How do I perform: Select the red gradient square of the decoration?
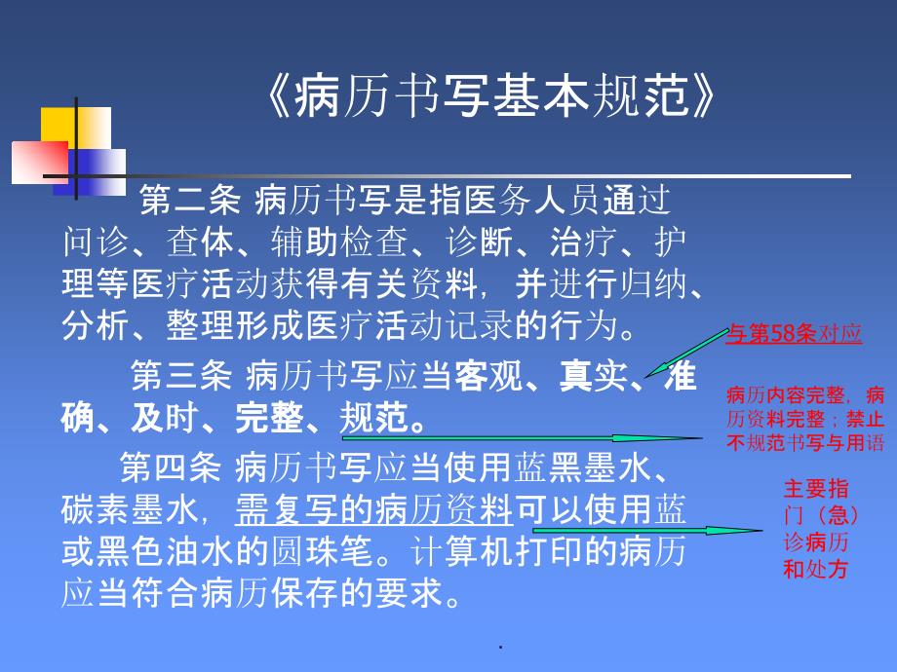[x=40, y=163]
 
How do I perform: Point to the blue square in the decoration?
[x=90, y=172]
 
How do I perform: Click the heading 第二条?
[x=189, y=201]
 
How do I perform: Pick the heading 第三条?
[x=181, y=375]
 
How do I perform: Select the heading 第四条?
[x=170, y=467]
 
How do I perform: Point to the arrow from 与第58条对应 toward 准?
[x=686, y=354]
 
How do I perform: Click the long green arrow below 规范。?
[x=523, y=438]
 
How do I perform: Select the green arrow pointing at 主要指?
[x=647, y=530]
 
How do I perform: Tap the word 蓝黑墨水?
[x=582, y=467]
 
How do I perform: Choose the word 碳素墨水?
[x=130, y=509]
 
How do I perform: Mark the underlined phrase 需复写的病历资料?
[x=373, y=509]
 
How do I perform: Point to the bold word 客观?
[x=487, y=375]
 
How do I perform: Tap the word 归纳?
[x=653, y=284]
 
